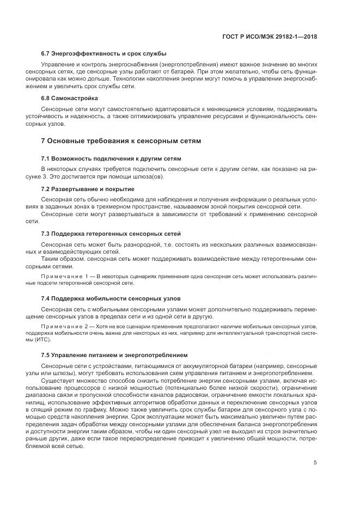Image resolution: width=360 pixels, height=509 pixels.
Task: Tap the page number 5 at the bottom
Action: click(x=315, y=463)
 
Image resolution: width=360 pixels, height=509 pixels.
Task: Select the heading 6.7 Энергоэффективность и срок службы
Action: click(x=103, y=53)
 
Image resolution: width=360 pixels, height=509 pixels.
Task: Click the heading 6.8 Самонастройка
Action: click(x=70, y=99)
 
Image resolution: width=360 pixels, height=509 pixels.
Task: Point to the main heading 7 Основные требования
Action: click(x=121, y=141)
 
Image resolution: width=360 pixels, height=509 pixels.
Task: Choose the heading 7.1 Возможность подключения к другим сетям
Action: click(x=111, y=158)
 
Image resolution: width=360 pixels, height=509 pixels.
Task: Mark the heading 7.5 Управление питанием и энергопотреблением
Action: click(x=114, y=354)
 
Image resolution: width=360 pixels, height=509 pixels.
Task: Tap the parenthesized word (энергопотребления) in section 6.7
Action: click(x=190, y=64)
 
